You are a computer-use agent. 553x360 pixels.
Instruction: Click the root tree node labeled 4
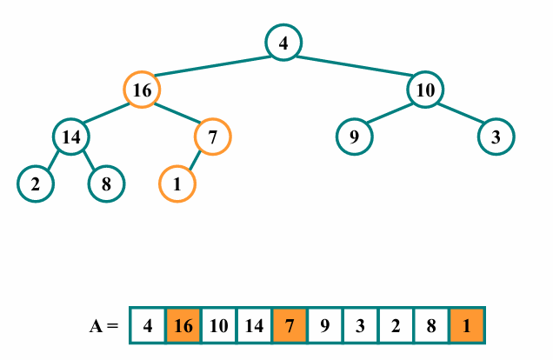(283, 43)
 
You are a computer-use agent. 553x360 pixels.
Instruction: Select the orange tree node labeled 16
(142, 90)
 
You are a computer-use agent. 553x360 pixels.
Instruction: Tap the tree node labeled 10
(425, 90)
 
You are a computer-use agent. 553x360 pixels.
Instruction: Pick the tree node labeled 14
(71, 137)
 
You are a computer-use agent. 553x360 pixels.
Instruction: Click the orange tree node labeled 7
(212, 137)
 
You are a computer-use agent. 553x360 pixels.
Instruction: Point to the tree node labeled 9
(354, 137)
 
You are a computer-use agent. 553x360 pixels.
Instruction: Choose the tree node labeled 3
(496, 137)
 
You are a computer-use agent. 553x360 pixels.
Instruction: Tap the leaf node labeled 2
(36, 183)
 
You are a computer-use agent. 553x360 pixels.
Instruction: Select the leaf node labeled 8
(106, 183)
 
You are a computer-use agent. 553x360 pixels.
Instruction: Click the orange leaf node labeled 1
(177, 183)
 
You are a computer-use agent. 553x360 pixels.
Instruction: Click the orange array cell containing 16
(183, 326)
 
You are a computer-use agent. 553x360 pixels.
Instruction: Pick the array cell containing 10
(219, 326)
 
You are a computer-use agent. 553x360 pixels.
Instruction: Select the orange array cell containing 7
(290, 326)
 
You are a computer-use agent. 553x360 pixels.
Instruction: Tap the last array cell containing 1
(467, 326)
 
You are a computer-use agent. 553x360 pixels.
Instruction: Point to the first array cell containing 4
(148, 326)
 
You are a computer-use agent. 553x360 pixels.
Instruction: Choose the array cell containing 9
(325, 326)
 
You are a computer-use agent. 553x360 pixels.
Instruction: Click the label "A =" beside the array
(103, 327)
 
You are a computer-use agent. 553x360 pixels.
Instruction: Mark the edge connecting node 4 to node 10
(355, 66)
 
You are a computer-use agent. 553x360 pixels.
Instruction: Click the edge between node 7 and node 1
(195, 160)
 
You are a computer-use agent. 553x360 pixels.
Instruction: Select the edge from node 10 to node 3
(461, 113)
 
